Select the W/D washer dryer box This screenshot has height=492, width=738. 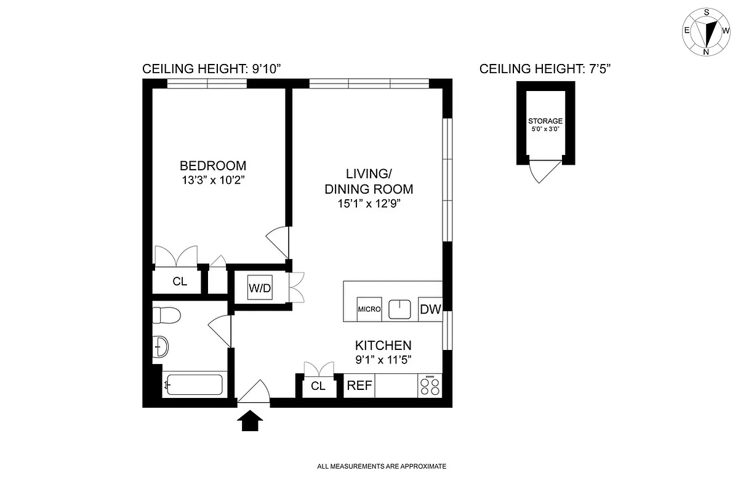(260, 287)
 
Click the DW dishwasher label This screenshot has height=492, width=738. (430, 309)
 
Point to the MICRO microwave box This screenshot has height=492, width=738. (369, 309)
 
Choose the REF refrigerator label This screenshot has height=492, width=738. (359, 386)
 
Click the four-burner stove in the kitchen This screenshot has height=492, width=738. (430, 386)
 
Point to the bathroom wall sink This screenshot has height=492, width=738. (160, 347)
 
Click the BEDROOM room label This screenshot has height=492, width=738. (212, 166)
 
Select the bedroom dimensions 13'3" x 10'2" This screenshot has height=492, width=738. (212, 181)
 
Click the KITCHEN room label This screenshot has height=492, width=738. (382, 346)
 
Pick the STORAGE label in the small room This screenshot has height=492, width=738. (545, 122)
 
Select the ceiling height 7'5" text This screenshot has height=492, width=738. (545, 69)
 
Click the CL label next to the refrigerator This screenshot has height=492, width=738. (318, 386)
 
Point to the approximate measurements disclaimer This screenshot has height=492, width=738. (382, 467)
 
